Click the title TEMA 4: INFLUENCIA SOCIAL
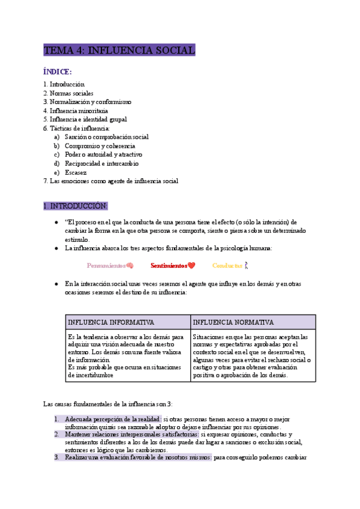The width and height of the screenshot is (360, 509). [119, 50]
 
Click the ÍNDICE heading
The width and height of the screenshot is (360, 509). [58, 72]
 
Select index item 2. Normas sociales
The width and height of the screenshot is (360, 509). [68, 94]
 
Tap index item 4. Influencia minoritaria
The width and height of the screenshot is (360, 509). [76, 111]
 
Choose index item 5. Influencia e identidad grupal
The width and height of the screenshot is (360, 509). [85, 119]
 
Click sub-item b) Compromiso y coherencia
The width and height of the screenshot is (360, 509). [100, 146]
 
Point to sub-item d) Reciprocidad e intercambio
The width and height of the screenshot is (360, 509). [101, 163]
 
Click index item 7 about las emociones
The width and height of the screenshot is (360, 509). [110, 181]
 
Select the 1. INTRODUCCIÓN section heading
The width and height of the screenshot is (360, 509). [75, 206]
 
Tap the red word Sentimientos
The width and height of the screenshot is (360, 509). [169, 265]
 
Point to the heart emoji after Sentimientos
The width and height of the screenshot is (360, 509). [191, 265]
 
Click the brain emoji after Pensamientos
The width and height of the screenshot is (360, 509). [130, 265]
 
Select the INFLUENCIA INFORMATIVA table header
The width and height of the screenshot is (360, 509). [111, 322]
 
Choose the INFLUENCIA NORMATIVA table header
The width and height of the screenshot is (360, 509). [233, 322]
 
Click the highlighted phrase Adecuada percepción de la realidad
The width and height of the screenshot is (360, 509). [113, 418]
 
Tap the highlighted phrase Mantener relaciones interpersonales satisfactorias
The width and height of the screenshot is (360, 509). [132, 434]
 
